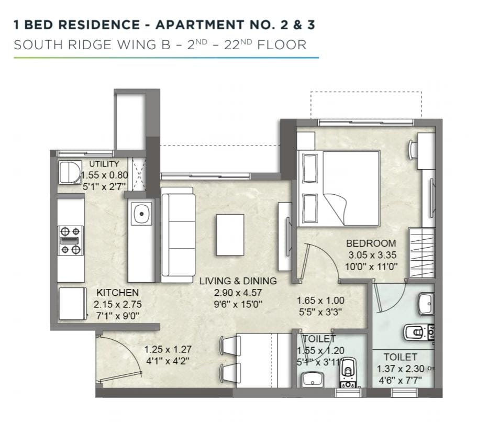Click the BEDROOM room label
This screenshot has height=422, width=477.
pyautogui.click(x=371, y=243)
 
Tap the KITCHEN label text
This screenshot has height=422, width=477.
pyautogui.click(x=117, y=293)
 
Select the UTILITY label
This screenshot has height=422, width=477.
pyautogui.click(x=104, y=164)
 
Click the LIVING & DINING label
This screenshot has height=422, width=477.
pyautogui.click(x=238, y=281)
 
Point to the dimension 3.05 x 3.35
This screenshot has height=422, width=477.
pyautogui.click(x=372, y=255)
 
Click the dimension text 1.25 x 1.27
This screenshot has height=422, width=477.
pyautogui.click(x=168, y=349)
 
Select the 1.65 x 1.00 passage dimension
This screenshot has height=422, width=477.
pyautogui.click(x=320, y=301)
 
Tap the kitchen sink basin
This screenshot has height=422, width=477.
pyautogui.click(x=141, y=214)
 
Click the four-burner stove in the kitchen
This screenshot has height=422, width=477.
pyautogui.click(x=71, y=240)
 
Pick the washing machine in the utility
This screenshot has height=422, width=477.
pyautogui.click(x=70, y=172)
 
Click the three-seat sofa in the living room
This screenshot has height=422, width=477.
pyautogui.click(x=178, y=235)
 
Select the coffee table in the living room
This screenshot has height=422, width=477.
pyautogui.click(x=230, y=235)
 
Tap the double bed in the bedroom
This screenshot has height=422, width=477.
pyautogui.click(x=339, y=188)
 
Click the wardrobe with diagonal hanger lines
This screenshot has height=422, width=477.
pyautogui.click(x=421, y=253)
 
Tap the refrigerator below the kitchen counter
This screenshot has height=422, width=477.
pyautogui.click(x=72, y=304)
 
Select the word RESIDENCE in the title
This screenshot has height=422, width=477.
pyautogui.click(x=99, y=25)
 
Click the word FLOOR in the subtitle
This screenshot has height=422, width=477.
pyautogui.click(x=282, y=45)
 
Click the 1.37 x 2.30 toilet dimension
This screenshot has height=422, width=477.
pyautogui.click(x=401, y=369)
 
